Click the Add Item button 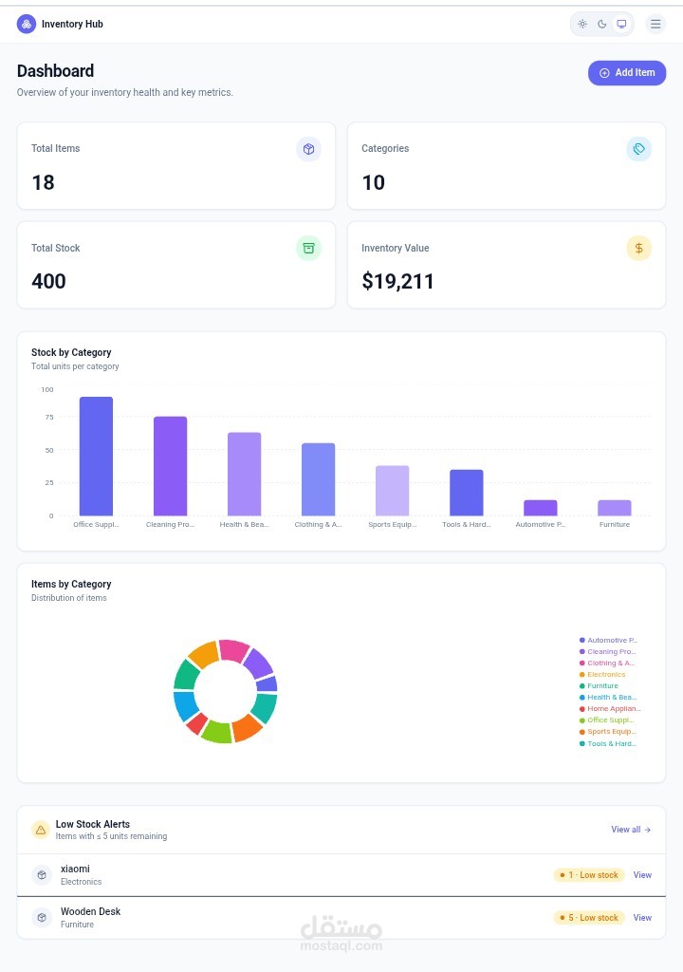tap(627, 73)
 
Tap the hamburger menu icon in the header tap(655, 24)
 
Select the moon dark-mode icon tap(601, 24)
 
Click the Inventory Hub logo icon tap(27, 24)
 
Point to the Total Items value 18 tap(44, 182)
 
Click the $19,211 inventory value tap(397, 281)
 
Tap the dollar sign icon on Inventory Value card tap(638, 248)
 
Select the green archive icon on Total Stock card tap(308, 248)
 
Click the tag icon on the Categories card tap(638, 149)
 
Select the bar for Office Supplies tap(96, 456)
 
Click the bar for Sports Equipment tap(392, 490)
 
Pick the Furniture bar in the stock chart tap(614, 507)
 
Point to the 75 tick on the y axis tap(47, 417)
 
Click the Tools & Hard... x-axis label tap(466, 524)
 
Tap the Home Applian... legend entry tap(612, 708)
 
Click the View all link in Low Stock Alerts tap(630, 830)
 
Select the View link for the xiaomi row tap(642, 875)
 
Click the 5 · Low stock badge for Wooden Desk tap(589, 918)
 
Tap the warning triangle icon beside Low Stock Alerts tap(41, 830)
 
